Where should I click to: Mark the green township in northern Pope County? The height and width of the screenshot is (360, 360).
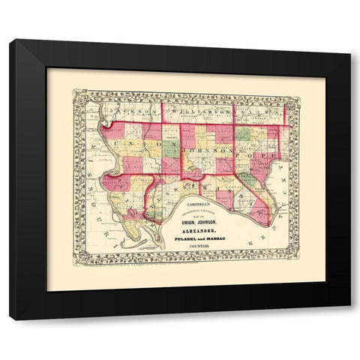coord(243,135)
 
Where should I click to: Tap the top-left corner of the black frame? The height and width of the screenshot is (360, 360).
coord(10,40)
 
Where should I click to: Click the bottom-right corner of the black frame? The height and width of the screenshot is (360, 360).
coord(349,319)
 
